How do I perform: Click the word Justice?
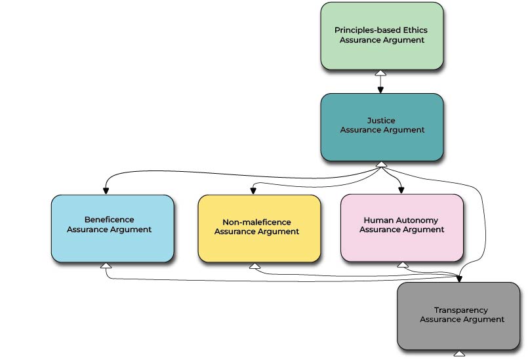(x=382, y=121)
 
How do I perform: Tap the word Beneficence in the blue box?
(x=109, y=220)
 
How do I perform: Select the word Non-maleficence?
(x=256, y=222)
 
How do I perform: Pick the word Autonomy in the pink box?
(x=421, y=220)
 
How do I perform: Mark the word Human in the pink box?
(x=378, y=220)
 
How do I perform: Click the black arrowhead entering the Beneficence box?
(x=106, y=190)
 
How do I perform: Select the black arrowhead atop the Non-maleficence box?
(x=252, y=191)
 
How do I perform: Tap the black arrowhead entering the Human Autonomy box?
(x=401, y=190)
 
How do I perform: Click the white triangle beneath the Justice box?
(x=382, y=164)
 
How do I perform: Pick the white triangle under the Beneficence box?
(x=105, y=266)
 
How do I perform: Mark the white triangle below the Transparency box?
(x=459, y=353)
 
